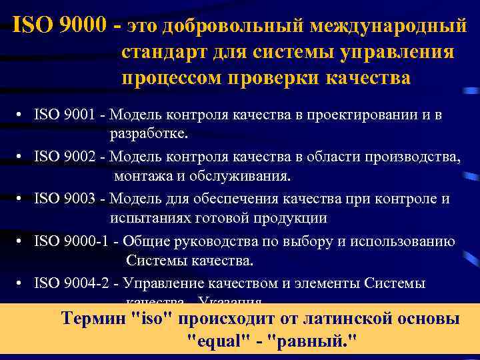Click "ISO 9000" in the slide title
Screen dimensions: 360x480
pyautogui.click(x=59, y=26)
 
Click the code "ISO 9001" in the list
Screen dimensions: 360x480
pyautogui.click(x=64, y=115)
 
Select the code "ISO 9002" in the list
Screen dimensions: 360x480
pyautogui.click(x=64, y=157)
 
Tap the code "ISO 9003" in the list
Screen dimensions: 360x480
pyautogui.click(x=64, y=199)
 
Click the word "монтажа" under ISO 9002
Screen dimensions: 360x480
pyautogui.click(x=142, y=176)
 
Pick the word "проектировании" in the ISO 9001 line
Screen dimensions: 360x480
pyautogui.click(x=350, y=115)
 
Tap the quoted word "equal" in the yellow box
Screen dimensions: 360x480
pyautogui.click(x=214, y=341)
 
